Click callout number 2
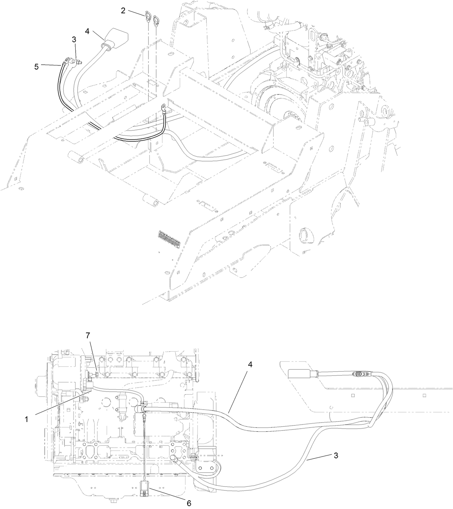coord(123,10)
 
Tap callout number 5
coord(36,67)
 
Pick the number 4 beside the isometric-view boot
coord(87,31)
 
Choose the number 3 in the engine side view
coord(336,456)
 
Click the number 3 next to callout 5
coord(74,40)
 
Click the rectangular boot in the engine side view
coord(299,373)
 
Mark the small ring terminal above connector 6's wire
coord(144,417)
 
